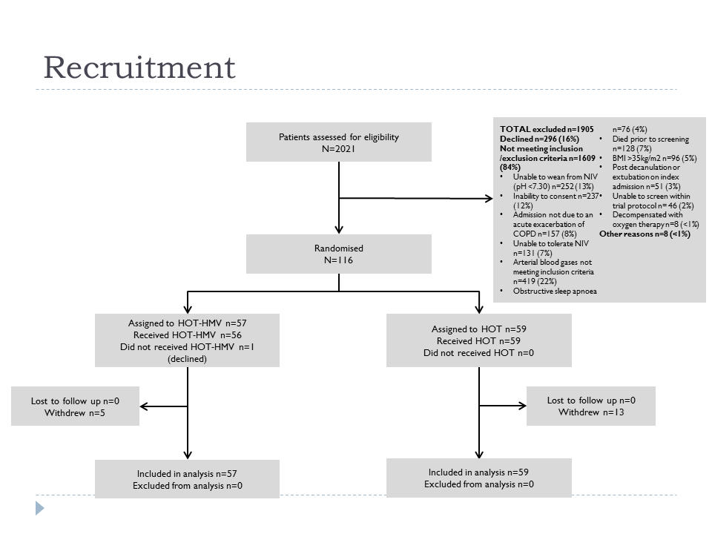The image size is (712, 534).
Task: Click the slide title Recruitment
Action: click(x=139, y=67)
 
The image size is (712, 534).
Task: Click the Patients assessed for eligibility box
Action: click(x=339, y=142)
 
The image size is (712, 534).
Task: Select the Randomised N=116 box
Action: click(x=339, y=254)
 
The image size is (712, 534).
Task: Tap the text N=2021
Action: click(x=339, y=149)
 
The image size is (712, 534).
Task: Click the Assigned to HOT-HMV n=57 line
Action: click(x=187, y=323)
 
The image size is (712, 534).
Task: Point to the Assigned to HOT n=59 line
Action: click(x=478, y=329)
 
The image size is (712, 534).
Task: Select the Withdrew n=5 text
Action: click(x=75, y=413)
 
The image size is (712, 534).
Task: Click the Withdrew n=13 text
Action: click(x=591, y=412)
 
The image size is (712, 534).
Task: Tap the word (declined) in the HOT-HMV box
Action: click(x=187, y=359)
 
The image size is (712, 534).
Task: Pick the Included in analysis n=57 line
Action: click(x=187, y=474)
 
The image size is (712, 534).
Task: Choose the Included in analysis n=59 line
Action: click(x=478, y=472)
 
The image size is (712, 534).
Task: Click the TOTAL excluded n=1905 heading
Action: click(x=547, y=129)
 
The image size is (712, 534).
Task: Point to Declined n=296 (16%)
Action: click(x=539, y=139)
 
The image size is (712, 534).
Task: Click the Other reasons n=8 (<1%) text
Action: click(x=645, y=234)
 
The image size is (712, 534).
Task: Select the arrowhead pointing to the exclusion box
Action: click(x=489, y=199)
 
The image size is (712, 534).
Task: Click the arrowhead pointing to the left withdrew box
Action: click(x=144, y=406)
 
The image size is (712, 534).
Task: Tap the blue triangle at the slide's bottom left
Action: click(x=40, y=508)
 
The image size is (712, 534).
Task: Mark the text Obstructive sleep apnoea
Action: click(x=555, y=291)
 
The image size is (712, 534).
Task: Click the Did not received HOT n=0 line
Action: click(x=478, y=353)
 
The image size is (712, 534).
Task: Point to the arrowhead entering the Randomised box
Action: click(x=339, y=230)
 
